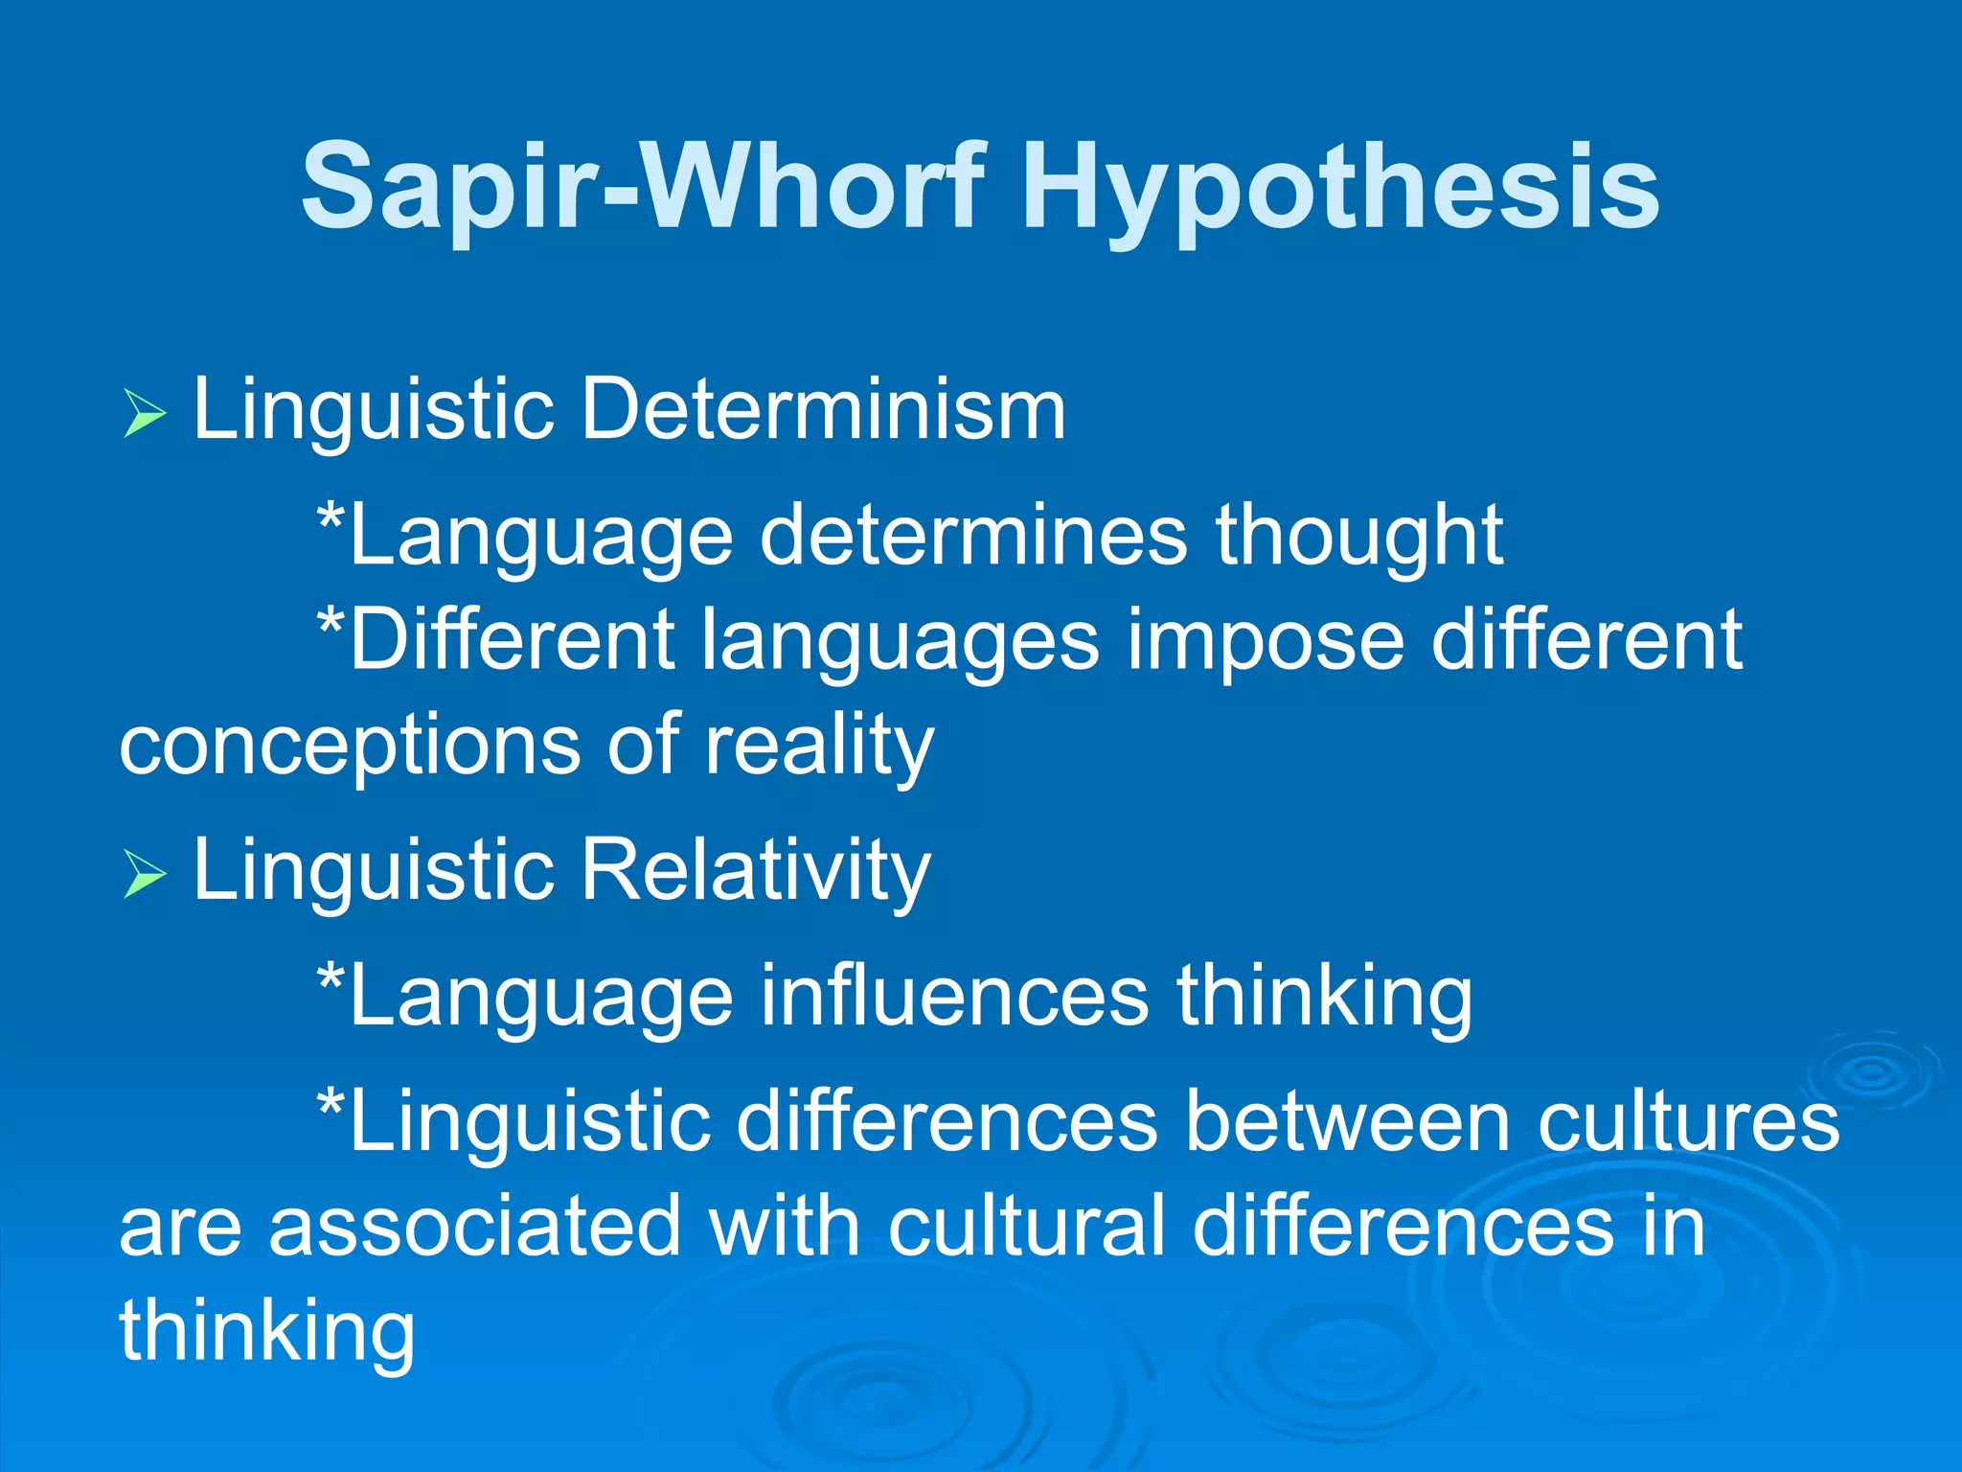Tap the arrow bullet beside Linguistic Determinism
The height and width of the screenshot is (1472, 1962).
pyautogui.click(x=145, y=414)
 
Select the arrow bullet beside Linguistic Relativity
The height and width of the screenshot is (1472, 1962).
pyautogui.click(x=145, y=874)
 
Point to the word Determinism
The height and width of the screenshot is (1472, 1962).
pyautogui.click(x=823, y=409)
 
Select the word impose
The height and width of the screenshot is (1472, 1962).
pyautogui.click(x=1265, y=640)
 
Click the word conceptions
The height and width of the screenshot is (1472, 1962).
pyautogui.click(x=349, y=746)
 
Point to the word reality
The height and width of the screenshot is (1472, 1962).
pyautogui.click(x=819, y=746)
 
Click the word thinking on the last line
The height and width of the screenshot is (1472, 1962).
pyautogui.click(x=267, y=1332)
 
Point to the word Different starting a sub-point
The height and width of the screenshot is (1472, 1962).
pyautogui.click(x=513, y=640)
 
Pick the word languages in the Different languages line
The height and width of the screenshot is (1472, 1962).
pyautogui.click(x=901, y=640)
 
